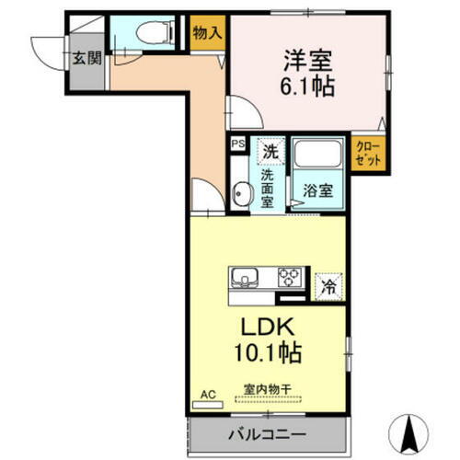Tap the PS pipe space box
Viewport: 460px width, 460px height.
coord(237,144)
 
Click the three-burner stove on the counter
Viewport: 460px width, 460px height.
coord(291,277)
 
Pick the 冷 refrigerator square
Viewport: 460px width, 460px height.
coord(328,286)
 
